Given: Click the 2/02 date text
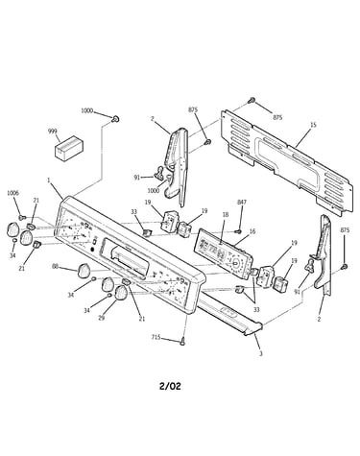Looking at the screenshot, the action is pyautogui.click(x=170, y=386).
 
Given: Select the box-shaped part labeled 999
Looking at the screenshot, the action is pyautogui.click(x=69, y=148).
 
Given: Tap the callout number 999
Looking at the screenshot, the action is pyautogui.click(x=53, y=131).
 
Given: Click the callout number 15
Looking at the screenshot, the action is pyautogui.click(x=313, y=125).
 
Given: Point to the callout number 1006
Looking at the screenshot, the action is pyautogui.click(x=13, y=193).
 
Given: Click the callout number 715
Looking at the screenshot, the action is pyautogui.click(x=156, y=337).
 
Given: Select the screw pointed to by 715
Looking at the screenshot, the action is pyautogui.click(x=182, y=341).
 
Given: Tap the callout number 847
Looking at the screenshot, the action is pyautogui.click(x=242, y=202).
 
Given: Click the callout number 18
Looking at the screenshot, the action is pyautogui.click(x=226, y=214).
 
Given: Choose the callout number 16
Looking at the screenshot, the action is pyautogui.click(x=252, y=231).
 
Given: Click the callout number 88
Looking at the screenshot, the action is pyautogui.click(x=56, y=266).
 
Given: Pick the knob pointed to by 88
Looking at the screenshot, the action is pyautogui.click(x=84, y=271).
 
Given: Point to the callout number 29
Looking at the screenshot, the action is pyautogui.click(x=101, y=319).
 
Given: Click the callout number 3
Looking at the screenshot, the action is pyautogui.click(x=261, y=353).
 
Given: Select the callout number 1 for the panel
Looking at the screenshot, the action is pyautogui.click(x=49, y=180).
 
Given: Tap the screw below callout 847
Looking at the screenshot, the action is pyautogui.click(x=238, y=231).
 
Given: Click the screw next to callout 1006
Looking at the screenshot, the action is pyautogui.click(x=22, y=218).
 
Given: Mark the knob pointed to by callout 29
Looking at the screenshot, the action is pyautogui.click(x=121, y=293).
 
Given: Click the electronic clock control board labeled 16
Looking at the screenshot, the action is pyautogui.click(x=223, y=252).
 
